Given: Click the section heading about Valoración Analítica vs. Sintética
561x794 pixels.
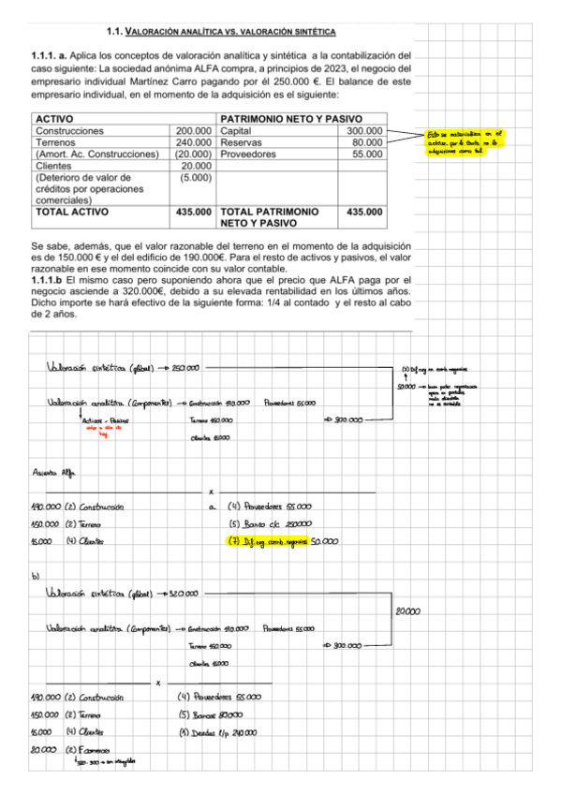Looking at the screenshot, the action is [x=223, y=32].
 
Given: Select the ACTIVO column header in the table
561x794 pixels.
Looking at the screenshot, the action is [x=58, y=119].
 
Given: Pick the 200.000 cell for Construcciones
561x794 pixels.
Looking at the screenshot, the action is [x=194, y=131].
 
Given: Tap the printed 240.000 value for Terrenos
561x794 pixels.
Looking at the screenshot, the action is [x=194, y=142].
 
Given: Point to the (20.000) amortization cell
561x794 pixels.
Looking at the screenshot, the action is [x=194, y=154].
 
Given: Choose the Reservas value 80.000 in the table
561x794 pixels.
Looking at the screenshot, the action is [x=367, y=142].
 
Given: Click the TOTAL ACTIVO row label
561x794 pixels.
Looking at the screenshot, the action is [x=70, y=213].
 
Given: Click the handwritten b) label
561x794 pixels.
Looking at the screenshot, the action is [x=36, y=578].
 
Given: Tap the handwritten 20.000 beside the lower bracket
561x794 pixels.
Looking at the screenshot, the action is [x=408, y=611].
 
